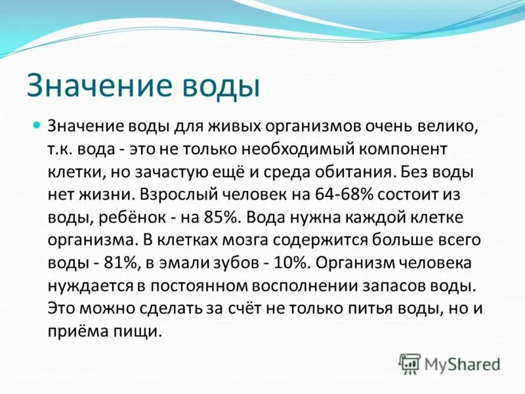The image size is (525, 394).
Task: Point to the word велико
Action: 448,125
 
